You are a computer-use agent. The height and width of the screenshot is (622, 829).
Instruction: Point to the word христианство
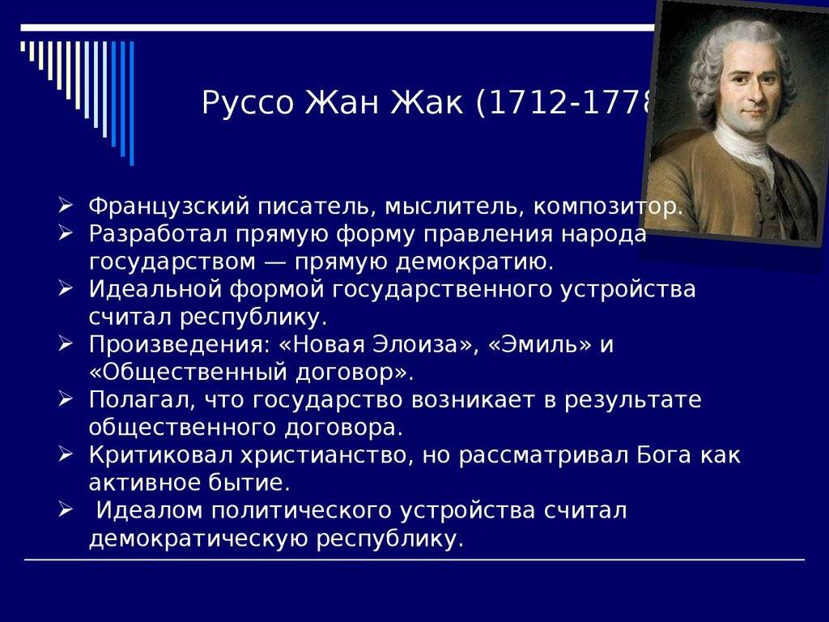317,455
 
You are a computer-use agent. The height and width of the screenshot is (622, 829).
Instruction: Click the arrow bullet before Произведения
67,344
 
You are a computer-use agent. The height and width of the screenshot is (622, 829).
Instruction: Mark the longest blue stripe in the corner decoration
131,101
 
